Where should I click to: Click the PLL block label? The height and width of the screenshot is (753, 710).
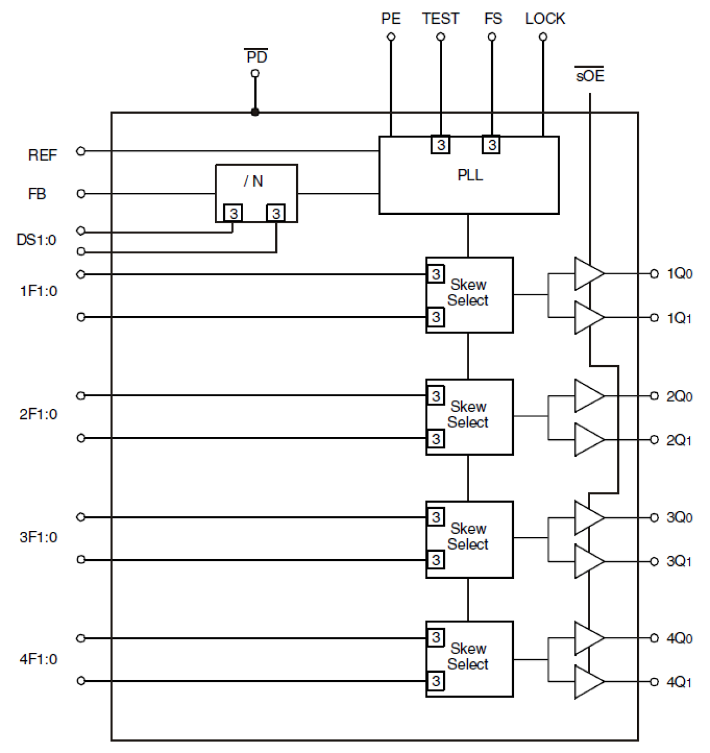click(x=470, y=175)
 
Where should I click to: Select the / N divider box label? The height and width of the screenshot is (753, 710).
click(x=253, y=181)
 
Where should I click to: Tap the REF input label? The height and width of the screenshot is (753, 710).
click(x=42, y=155)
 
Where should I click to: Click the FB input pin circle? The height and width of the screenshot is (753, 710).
click(x=81, y=193)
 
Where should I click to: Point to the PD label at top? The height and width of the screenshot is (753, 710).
click(x=257, y=57)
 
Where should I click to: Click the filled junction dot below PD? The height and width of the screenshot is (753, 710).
click(x=255, y=112)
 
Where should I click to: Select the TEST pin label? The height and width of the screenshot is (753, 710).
click(x=440, y=19)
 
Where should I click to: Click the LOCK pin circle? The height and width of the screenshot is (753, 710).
click(x=543, y=37)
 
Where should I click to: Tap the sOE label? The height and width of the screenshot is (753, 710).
click(x=590, y=76)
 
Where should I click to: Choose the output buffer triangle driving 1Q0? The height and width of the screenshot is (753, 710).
click(x=587, y=274)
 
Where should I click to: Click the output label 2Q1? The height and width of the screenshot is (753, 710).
click(x=679, y=440)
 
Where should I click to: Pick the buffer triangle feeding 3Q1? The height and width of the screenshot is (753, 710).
click(x=587, y=561)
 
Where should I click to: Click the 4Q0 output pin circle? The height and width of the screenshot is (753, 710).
click(x=654, y=638)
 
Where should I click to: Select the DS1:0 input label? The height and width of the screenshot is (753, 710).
click(x=37, y=240)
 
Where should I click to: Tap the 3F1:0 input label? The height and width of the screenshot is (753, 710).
click(x=38, y=537)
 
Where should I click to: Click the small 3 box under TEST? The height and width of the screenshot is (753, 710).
click(x=440, y=145)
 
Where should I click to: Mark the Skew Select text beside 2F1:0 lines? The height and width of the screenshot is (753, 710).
click(x=468, y=414)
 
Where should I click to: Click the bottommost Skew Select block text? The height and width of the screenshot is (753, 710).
click(x=468, y=656)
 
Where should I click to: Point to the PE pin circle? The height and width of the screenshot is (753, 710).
click(x=391, y=37)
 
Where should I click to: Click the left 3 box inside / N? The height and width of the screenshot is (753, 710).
click(x=233, y=213)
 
